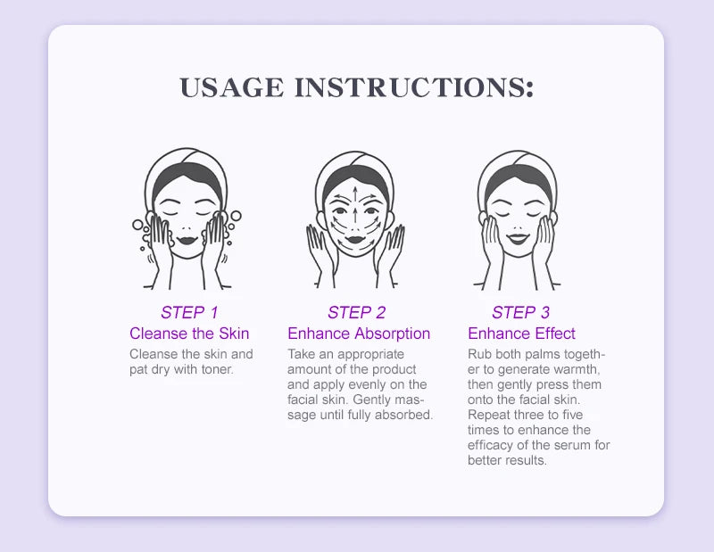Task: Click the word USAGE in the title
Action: tap(232, 87)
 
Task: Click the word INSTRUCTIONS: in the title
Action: tap(414, 87)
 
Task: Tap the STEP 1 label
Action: tap(189, 313)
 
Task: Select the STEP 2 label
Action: tap(356, 313)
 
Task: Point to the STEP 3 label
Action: tap(521, 313)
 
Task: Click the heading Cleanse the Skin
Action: tap(189, 334)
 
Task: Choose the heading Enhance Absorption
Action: tap(359, 334)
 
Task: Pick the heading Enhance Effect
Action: tap(521, 334)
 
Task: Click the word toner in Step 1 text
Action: tap(218, 369)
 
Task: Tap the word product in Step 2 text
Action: tap(394, 369)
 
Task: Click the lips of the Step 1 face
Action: tap(187, 240)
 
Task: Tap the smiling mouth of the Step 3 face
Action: tap(519, 238)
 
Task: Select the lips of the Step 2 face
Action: tap(355, 239)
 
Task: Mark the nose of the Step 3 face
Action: tap(518, 227)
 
